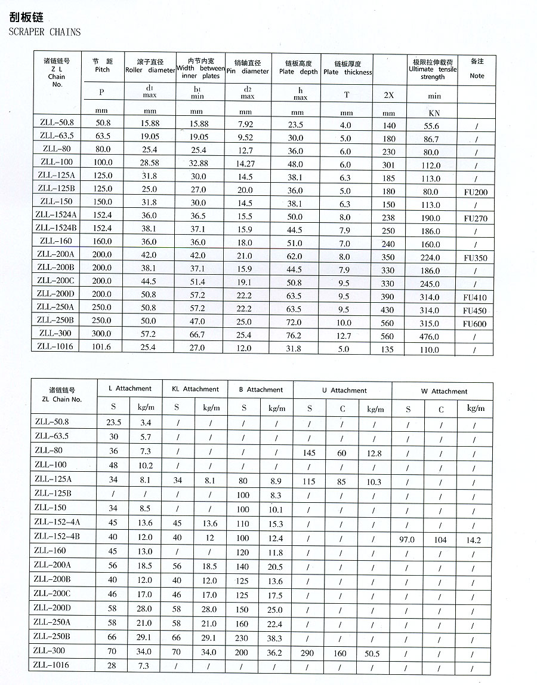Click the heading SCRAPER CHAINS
(45, 32)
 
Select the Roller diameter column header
(150, 66)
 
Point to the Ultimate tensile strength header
(433, 69)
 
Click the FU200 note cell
(475, 192)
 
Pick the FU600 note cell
(475, 324)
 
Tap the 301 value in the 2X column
(388, 165)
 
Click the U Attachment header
(344, 391)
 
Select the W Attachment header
(444, 391)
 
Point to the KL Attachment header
(195, 389)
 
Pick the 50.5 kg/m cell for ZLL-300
(372, 653)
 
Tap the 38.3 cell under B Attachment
(275, 637)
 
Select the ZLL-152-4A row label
(57, 521)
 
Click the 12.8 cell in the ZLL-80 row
(374, 453)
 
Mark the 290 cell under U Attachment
(309, 653)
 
